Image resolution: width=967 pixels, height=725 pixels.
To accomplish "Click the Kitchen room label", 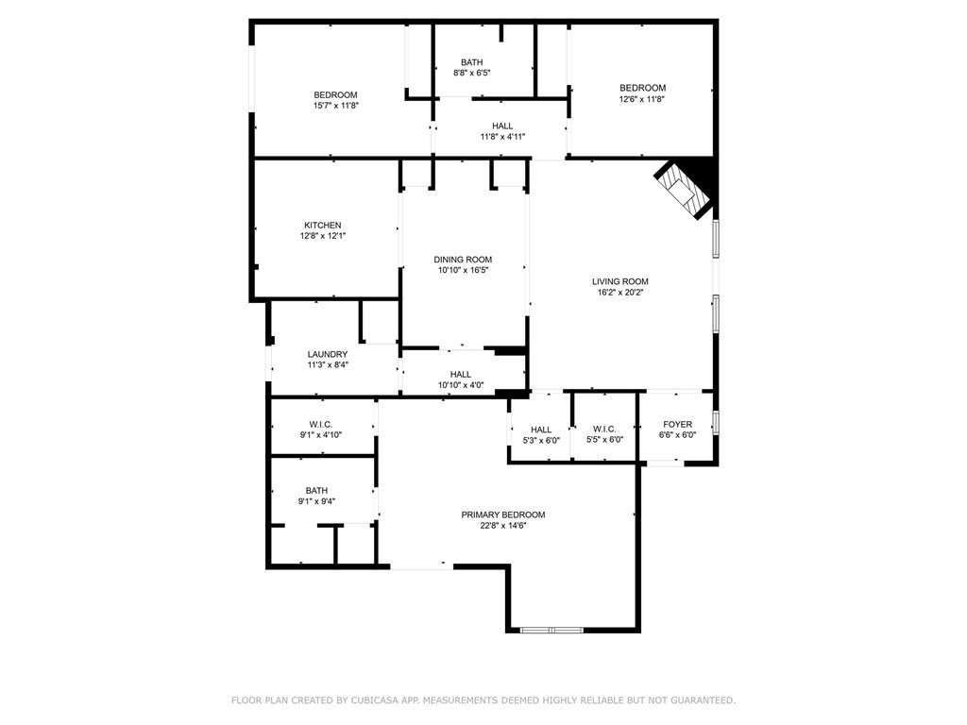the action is [x=323, y=225].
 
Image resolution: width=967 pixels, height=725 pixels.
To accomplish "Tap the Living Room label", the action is [x=619, y=281].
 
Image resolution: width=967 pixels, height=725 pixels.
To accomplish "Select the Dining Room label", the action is [x=463, y=260].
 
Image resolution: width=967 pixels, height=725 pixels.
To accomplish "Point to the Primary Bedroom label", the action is [x=503, y=514].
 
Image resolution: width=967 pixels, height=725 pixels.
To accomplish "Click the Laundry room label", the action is [x=328, y=355].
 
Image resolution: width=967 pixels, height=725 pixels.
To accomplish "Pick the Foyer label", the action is [x=677, y=424].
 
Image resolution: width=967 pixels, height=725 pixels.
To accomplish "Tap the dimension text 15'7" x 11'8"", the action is [x=336, y=106].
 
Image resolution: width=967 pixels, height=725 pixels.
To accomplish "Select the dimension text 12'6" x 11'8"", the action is [x=642, y=98].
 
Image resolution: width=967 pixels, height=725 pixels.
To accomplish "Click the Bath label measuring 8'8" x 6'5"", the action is [x=472, y=62].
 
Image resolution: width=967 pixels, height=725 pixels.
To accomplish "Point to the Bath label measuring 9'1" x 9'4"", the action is [x=316, y=491].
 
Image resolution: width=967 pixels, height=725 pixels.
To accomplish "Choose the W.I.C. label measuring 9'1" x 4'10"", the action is [x=321, y=424].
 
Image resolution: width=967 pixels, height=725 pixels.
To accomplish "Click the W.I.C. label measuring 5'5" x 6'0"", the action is [x=604, y=430].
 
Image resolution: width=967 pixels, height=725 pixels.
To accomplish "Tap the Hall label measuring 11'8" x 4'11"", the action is [x=502, y=126].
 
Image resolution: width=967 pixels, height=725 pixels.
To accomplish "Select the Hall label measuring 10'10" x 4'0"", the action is [x=461, y=374].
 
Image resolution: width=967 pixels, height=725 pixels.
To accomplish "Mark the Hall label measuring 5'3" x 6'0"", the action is [x=541, y=430].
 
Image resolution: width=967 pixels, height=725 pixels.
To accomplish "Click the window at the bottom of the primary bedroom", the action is [x=551, y=630].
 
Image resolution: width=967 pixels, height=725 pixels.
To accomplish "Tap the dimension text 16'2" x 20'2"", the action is [x=619, y=293].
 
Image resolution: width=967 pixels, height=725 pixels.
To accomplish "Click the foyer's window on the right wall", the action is [x=716, y=423].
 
